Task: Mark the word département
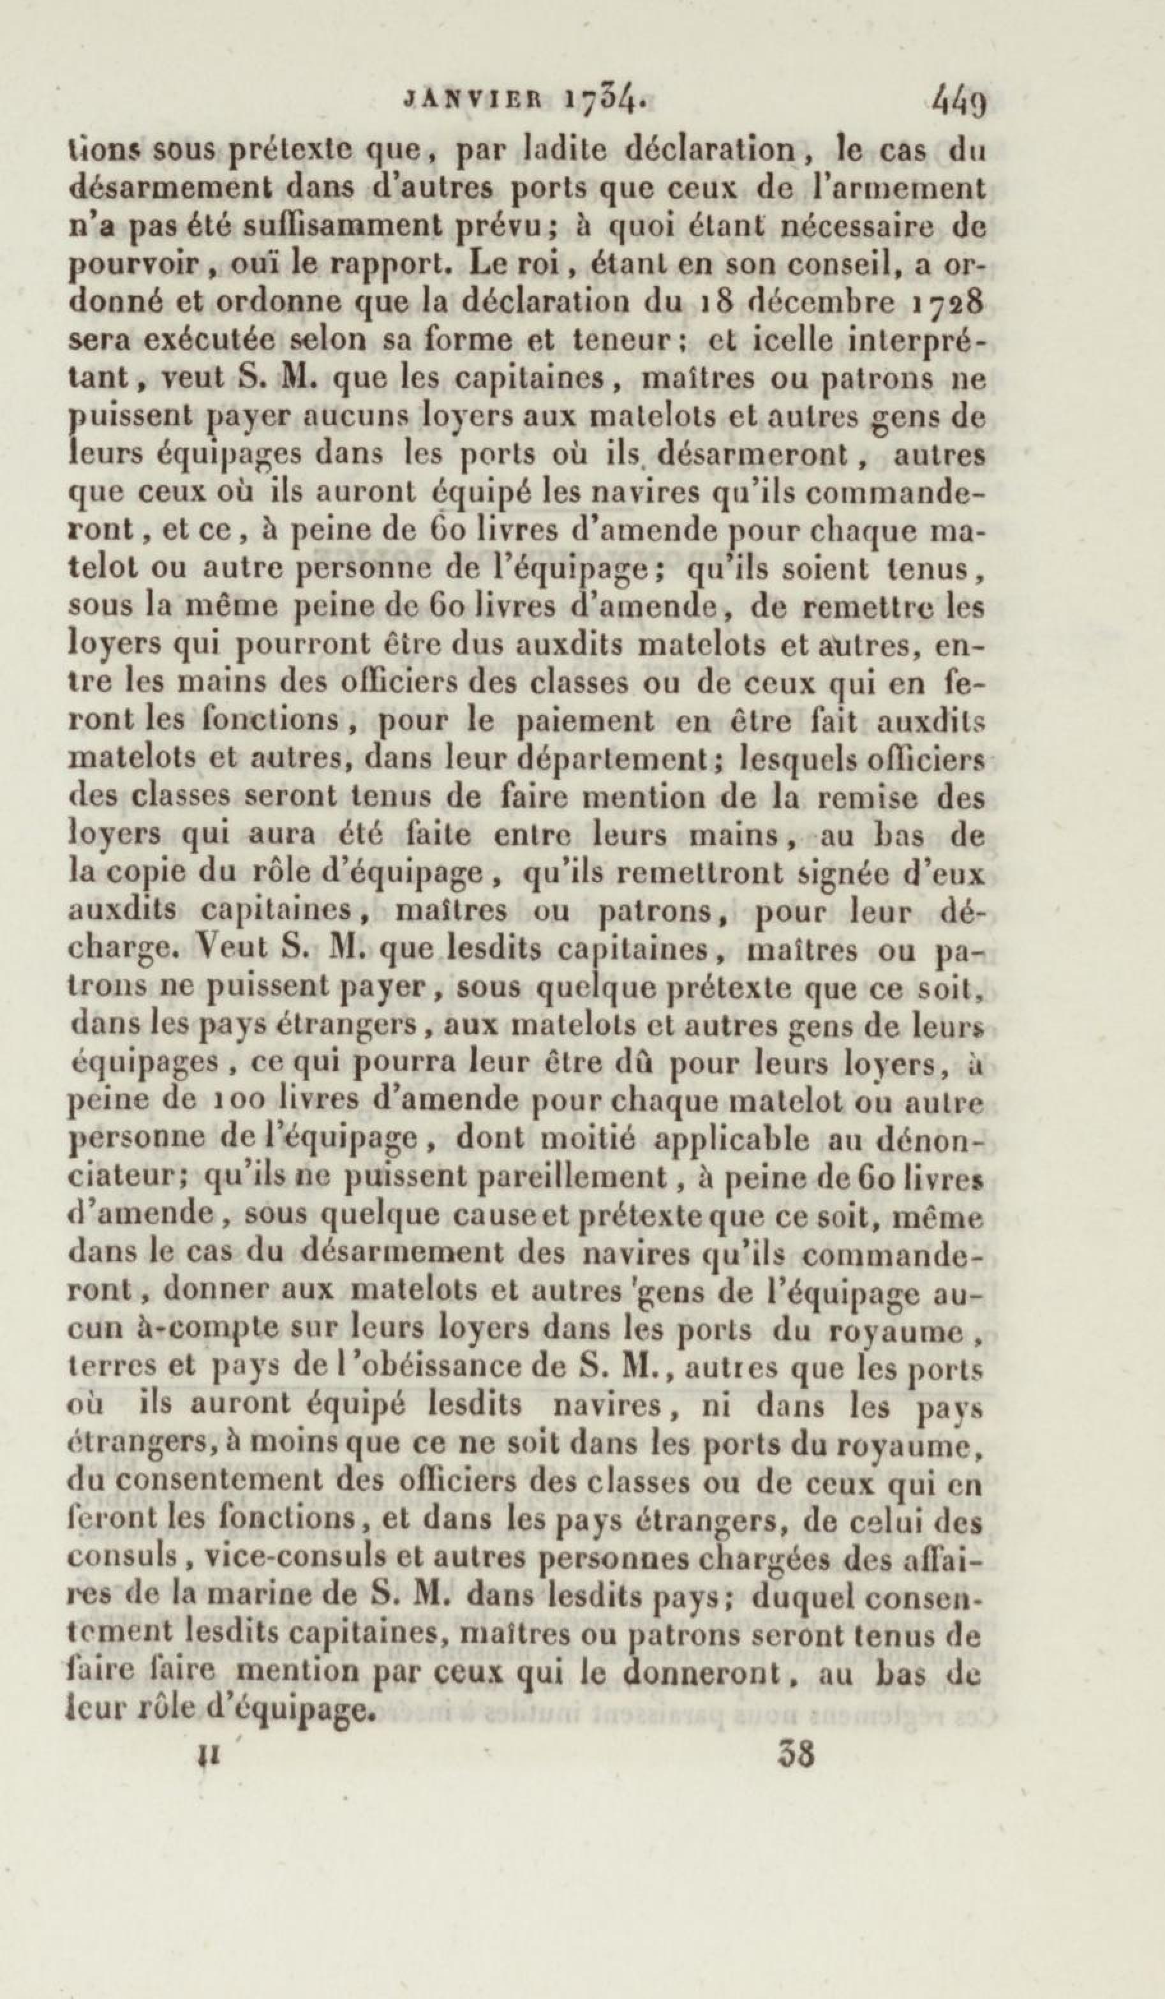click(x=620, y=758)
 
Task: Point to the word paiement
click(x=578, y=721)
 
